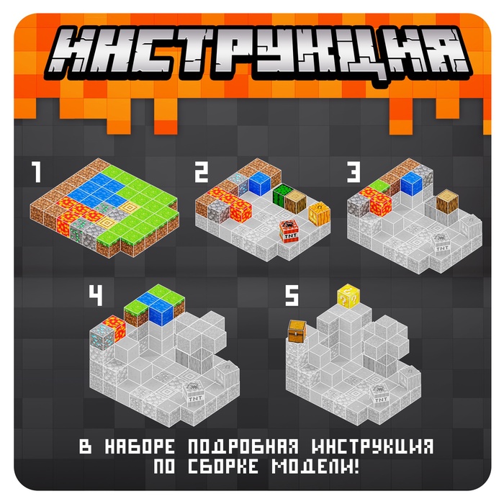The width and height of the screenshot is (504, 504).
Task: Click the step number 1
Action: [36, 172]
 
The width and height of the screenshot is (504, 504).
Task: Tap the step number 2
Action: [202, 172]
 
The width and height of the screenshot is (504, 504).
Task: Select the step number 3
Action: [354, 172]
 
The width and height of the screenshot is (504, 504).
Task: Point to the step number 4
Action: [96, 295]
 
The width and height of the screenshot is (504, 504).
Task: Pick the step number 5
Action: [292, 295]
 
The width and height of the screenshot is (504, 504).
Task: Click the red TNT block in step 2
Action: [289, 231]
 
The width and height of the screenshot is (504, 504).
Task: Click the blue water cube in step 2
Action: [260, 184]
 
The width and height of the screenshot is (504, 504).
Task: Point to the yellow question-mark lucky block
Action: [348, 296]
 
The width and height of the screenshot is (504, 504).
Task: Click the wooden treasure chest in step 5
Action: [297, 330]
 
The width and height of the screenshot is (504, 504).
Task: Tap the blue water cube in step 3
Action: [412, 184]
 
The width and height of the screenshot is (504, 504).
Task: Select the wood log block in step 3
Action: [447, 202]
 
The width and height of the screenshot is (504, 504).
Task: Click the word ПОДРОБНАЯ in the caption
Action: [243, 447]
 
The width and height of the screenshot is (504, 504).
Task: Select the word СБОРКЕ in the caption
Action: [223, 466]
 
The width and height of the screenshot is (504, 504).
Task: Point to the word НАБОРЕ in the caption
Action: [140, 447]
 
